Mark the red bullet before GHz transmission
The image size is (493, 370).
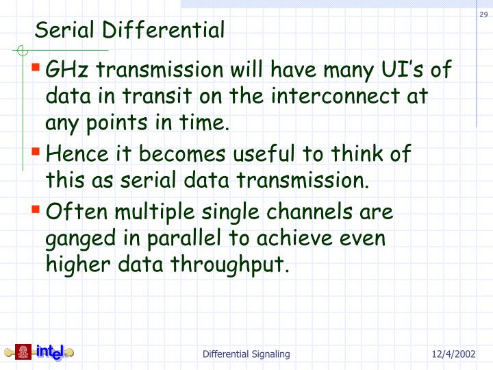36,69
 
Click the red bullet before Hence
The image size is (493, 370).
36,153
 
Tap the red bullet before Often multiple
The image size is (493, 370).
36,210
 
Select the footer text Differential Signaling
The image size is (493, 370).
246,354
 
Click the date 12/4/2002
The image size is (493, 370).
454,354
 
